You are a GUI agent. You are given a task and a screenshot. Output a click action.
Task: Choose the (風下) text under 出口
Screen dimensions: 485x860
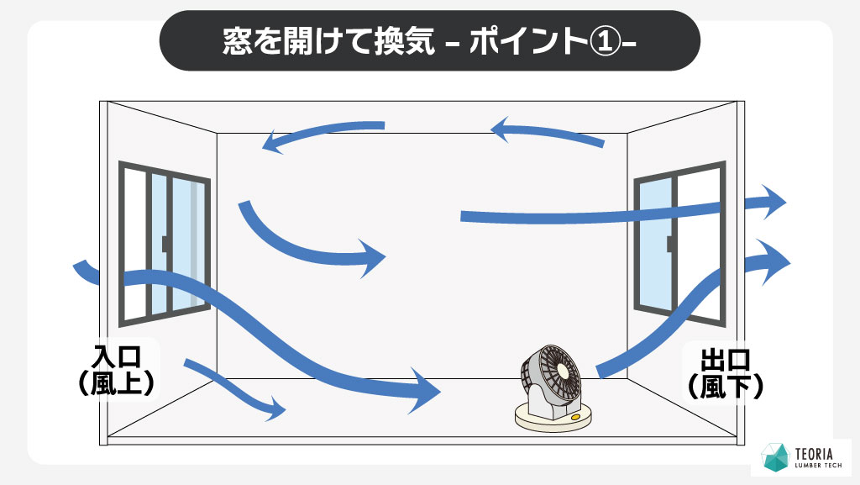[x=724, y=387]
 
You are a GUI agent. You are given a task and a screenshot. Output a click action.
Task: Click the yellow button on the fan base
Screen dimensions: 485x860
[x=575, y=416]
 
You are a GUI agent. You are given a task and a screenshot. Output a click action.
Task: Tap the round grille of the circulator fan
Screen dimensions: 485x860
[x=557, y=371]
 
